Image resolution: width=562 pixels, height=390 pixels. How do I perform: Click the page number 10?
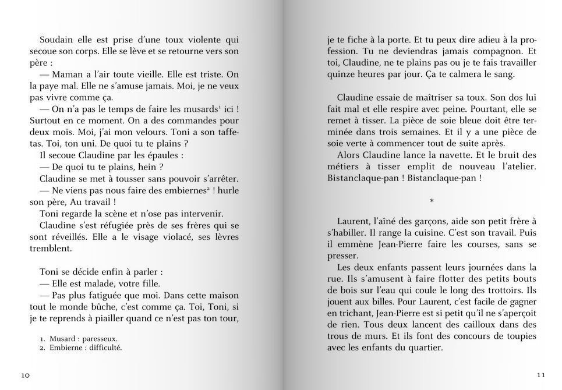[25, 375]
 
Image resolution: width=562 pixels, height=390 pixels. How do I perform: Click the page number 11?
[542, 375]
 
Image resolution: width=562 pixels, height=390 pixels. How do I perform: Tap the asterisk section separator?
[432, 201]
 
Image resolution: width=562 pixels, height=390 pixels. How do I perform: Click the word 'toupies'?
[519, 336]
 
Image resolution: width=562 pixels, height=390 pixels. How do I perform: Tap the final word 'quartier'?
[424, 348]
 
